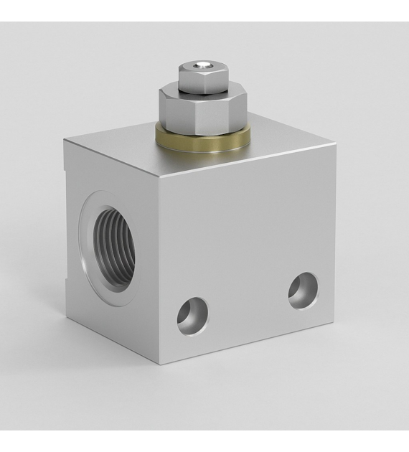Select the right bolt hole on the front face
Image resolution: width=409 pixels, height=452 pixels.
click(x=304, y=290)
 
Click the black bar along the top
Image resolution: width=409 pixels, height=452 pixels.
click(x=204, y=10)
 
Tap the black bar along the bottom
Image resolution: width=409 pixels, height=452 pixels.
click(x=204, y=441)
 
